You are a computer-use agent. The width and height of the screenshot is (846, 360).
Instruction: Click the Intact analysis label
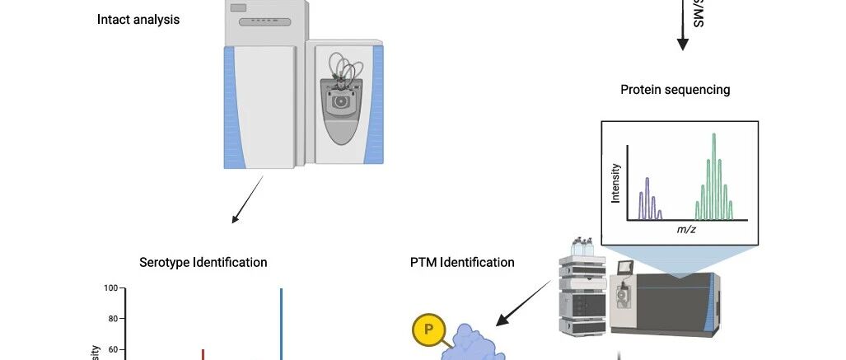tap(138, 18)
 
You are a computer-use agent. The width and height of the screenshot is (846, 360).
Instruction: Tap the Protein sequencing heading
tap(675, 90)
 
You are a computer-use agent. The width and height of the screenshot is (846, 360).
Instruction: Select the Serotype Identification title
tap(203, 263)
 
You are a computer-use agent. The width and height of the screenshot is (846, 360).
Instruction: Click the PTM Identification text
tap(462, 263)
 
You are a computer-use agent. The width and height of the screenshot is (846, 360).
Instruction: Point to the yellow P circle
tap(427, 331)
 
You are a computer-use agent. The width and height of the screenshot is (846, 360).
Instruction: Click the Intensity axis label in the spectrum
tap(615, 183)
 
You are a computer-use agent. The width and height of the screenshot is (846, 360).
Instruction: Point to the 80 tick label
tap(115, 319)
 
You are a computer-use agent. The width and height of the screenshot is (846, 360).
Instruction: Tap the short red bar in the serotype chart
tap(203, 354)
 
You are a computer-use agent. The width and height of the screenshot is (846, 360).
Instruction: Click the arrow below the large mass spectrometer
tap(247, 199)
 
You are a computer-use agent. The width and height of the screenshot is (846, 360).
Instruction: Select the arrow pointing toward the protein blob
tap(525, 300)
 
